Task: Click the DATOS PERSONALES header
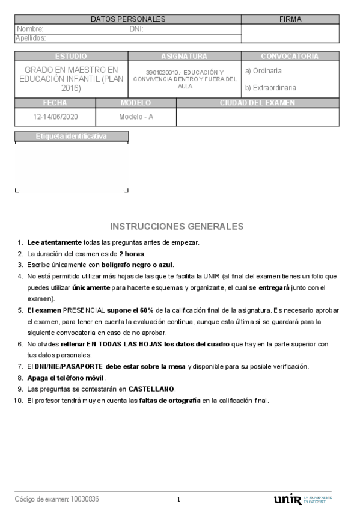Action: tap(128, 19)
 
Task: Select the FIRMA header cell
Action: tap(290, 19)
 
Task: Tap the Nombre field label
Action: tap(30, 29)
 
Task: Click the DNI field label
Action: tap(136, 29)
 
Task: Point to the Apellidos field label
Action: tap(31, 38)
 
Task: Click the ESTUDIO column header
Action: tap(70, 56)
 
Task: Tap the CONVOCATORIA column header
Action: tap(290, 56)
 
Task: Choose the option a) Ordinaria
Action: tap(263, 70)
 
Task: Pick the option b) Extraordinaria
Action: tap(270, 87)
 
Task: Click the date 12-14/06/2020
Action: tap(56, 117)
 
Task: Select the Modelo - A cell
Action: tap(136, 117)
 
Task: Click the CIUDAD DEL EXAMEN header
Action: tap(257, 103)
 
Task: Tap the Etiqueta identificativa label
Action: tap(71, 136)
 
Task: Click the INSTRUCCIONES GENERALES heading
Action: tap(177, 226)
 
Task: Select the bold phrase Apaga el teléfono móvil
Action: tap(66, 378)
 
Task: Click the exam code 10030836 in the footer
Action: tap(85, 499)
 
